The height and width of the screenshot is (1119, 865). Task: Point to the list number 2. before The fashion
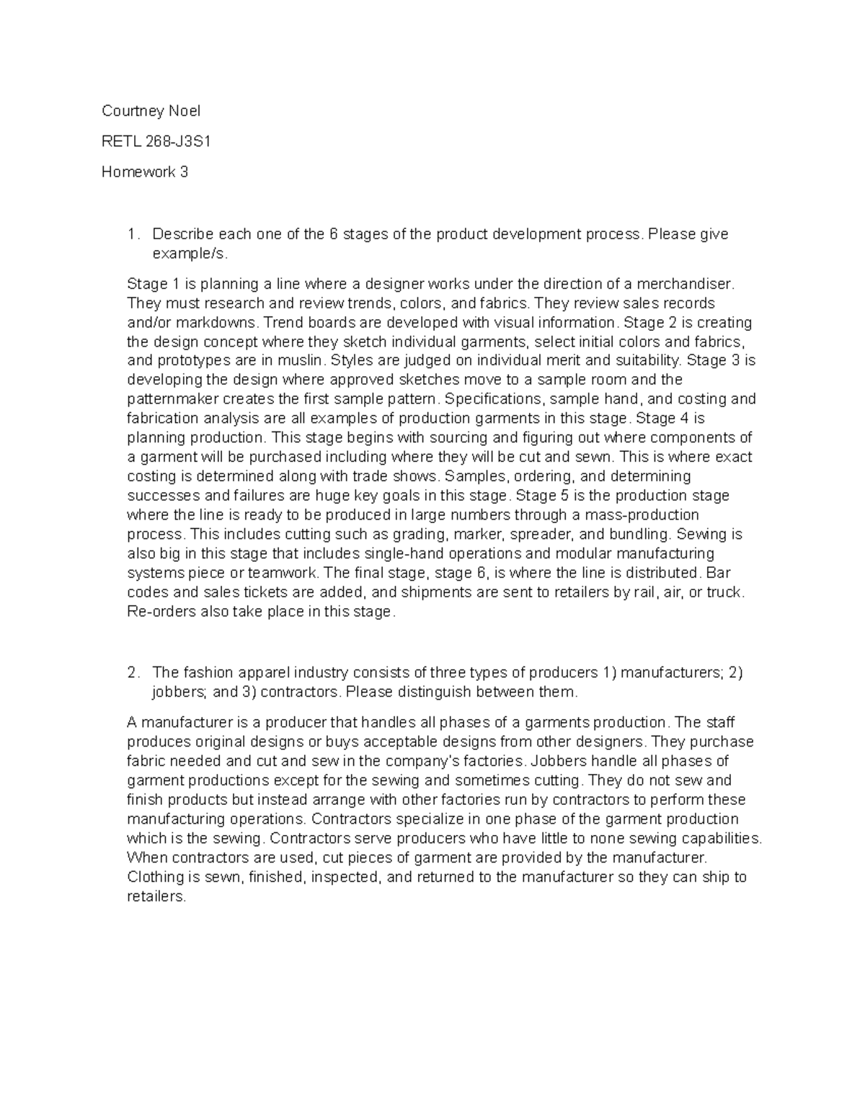(x=132, y=673)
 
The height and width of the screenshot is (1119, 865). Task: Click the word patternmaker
(x=170, y=399)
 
